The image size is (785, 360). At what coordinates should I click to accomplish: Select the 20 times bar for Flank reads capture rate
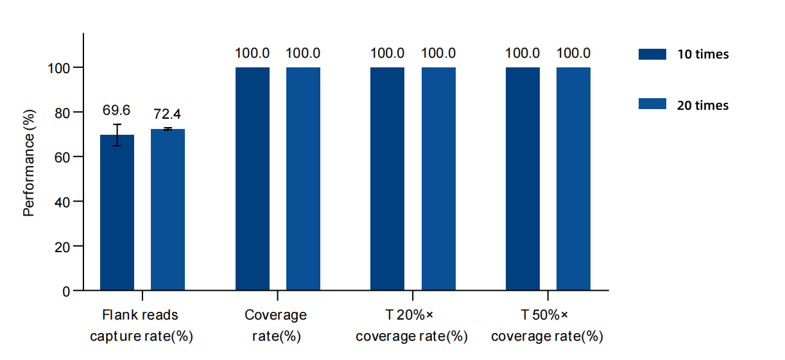tap(168, 210)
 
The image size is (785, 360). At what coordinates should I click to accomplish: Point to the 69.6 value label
tap(117, 110)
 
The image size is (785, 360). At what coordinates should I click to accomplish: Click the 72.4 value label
tap(168, 114)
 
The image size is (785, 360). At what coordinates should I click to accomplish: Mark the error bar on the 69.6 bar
tap(117, 135)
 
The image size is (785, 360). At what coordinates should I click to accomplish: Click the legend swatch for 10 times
tap(652, 54)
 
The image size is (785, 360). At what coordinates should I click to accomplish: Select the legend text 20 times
tap(703, 105)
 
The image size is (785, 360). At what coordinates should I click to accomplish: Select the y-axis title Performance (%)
tap(29, 166)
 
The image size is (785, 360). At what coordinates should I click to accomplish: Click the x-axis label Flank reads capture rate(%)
tap(141, 325)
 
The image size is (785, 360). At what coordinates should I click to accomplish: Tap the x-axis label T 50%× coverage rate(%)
tap(546, 325)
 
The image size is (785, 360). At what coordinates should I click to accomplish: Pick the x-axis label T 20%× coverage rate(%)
tap(411, 325)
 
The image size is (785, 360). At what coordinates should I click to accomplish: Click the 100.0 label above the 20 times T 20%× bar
tap(438, 54)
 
